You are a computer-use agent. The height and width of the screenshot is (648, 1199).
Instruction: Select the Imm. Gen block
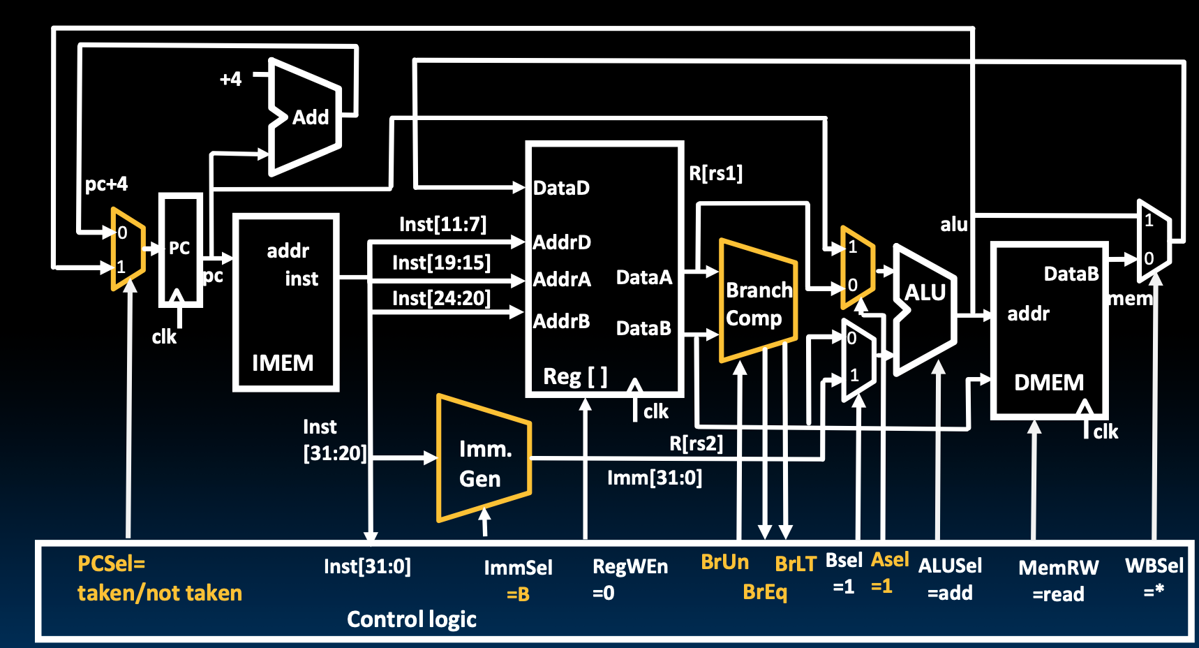[x=482, y=463]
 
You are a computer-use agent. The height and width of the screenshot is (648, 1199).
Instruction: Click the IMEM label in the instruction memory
[x=283, y=363]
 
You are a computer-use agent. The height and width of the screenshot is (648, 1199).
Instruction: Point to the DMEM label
[x=1049, y=383]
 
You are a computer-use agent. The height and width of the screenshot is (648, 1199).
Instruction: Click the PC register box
[x=180, y=249]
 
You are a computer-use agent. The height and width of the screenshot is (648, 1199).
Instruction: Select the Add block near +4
[x=310, y=117]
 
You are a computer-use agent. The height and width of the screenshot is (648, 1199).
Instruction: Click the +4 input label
[x=230, y=79]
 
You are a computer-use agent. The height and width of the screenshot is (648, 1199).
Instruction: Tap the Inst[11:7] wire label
[x=442, y=224]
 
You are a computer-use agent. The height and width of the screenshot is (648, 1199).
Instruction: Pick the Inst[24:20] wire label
[x=441, y=298]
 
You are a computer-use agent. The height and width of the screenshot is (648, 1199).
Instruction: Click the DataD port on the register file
[x=561, y=188]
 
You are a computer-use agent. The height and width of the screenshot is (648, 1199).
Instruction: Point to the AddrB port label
[x=561, y=321]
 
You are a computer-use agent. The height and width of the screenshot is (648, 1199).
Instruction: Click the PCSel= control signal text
[x=111, y=564]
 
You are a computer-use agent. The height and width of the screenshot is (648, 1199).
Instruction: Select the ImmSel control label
[x=518, y=568]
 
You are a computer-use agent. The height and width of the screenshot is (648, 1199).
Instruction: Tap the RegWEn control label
[x=630, y=566]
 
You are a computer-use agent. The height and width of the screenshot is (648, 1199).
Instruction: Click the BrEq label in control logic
[x=765, y=592]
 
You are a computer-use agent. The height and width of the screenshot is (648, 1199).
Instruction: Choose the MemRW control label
[x=1058, y=568]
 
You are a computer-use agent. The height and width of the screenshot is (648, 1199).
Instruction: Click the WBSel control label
[x=1154, y=566]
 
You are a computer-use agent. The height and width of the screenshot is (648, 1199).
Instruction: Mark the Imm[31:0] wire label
[x=654, y=478]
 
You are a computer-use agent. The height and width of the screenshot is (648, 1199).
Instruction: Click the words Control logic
[x=412, y=619]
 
